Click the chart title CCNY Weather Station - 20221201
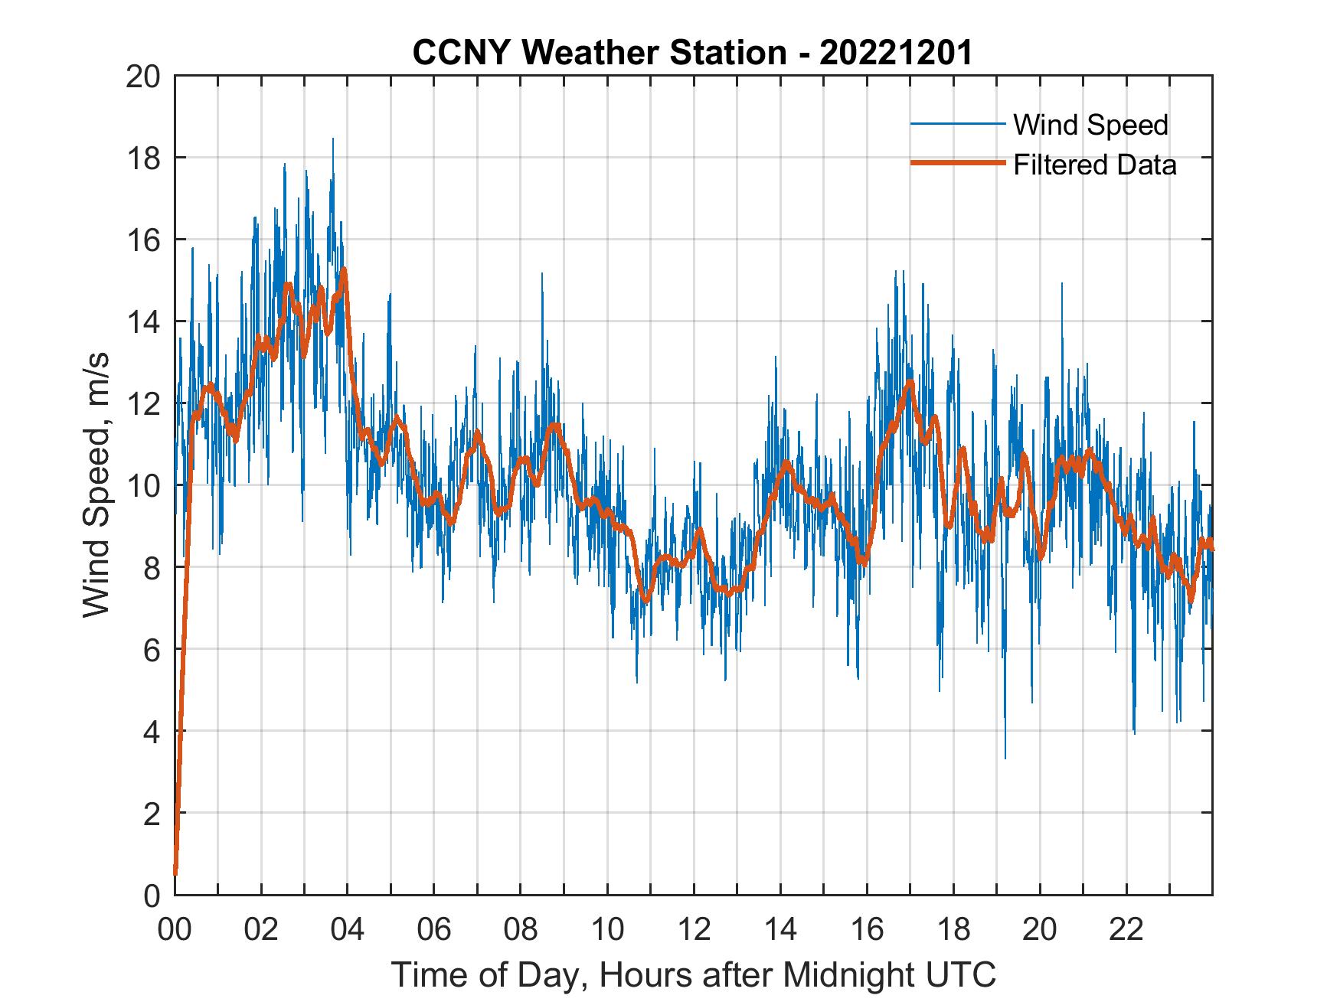[x=692, y=53]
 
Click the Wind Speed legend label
[x=1090, y=125]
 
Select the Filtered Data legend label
[x=1094, y=165]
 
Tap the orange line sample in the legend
[x=957, y=163]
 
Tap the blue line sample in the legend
[x=957, y=123]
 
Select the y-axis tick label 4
[x=152, y=731]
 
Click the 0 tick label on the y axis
[x=152, y=895]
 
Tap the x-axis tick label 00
[x=175, y=930]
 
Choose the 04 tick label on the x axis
[x=348, y=930]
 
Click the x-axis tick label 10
[x=607, y=930]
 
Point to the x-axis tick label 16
[x=867, y=930]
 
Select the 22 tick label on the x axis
[x=1126, y=930]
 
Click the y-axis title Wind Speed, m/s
[x=96, y=485]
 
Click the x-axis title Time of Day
[x=693, y=974]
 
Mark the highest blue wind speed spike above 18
[x=332, y=140]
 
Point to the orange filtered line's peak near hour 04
[x=345, y=269]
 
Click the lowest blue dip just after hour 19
[x=1005, y=757]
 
